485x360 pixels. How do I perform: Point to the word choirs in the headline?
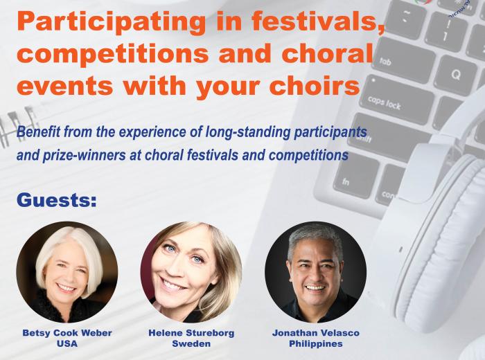click(315, 84)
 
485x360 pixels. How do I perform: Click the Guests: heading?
click(57, 200)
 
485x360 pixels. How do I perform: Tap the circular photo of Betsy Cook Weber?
click(67, 272)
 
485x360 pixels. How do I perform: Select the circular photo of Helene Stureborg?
click(191, 272)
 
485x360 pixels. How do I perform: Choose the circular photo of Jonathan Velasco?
click(315, 272)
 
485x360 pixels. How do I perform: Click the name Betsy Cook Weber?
click(67, 333)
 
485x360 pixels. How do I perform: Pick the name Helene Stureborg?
click(191, 333)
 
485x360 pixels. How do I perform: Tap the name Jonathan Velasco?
click(316, 333)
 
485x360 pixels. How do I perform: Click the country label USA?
click(67, 343)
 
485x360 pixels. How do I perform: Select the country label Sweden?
click(191, 343)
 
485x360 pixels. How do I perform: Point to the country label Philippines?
click(316, 343)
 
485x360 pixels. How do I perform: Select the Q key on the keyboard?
click(455, 75)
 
